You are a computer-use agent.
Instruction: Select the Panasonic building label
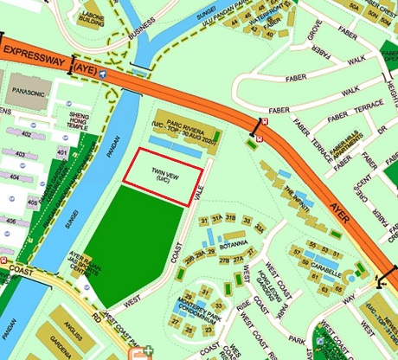28,88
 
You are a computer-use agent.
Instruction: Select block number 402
26,134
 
